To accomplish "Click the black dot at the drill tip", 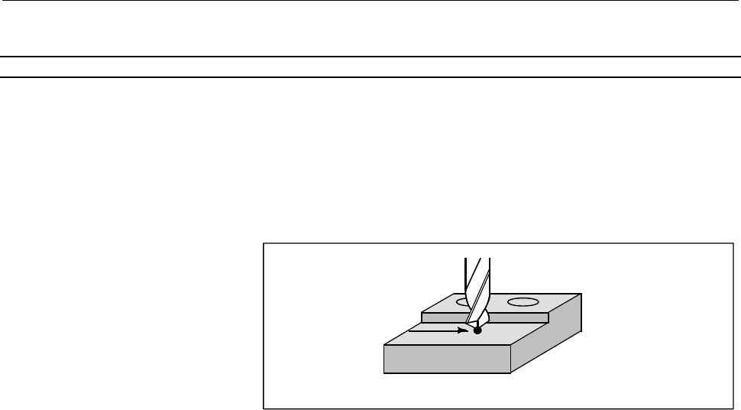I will pos(477,330).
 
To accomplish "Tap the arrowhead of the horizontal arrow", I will pos(463,330).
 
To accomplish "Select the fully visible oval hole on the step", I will pos(524,302).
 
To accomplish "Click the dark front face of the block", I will pos(447,360).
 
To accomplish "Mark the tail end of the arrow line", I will pos(410,330).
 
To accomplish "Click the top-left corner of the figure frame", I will pos(264,243).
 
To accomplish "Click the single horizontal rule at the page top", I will pos(370,2).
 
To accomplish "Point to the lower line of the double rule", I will pos(370,77).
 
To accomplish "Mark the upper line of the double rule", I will pos(370,57).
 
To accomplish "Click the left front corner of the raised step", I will pos(422,314).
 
